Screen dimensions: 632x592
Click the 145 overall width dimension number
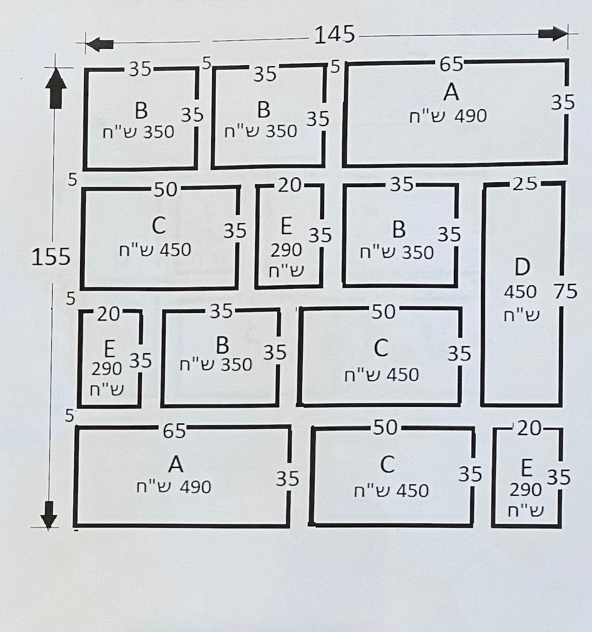pos(334,35)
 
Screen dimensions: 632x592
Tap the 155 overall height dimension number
pos(51,257)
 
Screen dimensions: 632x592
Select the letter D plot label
pos(522,267)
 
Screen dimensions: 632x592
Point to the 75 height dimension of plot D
pos(565,292)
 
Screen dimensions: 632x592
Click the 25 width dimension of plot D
pos(524,184)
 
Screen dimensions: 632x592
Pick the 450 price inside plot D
pos(520,292)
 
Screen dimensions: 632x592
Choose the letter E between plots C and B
pos(286,227)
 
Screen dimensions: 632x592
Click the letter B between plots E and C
pos(222,344)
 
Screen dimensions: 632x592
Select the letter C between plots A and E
pos(387,465)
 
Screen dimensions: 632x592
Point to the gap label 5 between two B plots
pos(207,63)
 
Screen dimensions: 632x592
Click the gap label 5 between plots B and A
pos(335,66)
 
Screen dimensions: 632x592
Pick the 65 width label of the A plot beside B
pos(451,64)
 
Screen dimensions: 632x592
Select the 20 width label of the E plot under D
pos(529,428)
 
